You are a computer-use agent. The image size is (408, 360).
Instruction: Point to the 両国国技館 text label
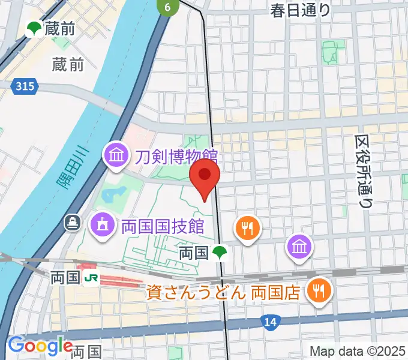(x=163, y=226)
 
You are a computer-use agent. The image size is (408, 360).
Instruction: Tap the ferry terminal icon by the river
(x=73, y=223)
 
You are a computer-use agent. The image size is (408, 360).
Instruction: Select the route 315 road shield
(x=25, y=87)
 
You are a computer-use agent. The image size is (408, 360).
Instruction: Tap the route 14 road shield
(x=271, y=323)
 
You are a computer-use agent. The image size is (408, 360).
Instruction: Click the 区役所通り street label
(x=363, y=171)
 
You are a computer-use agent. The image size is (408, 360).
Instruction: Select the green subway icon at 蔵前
(x=34, y=28)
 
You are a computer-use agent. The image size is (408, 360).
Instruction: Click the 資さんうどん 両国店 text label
(x=223, y=293)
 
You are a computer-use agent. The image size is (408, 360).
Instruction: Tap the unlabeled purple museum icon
(x=298, y=245)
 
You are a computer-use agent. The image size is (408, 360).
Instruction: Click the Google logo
(x=40, y=346)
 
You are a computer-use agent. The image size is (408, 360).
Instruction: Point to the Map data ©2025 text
(x=358, y=351)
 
